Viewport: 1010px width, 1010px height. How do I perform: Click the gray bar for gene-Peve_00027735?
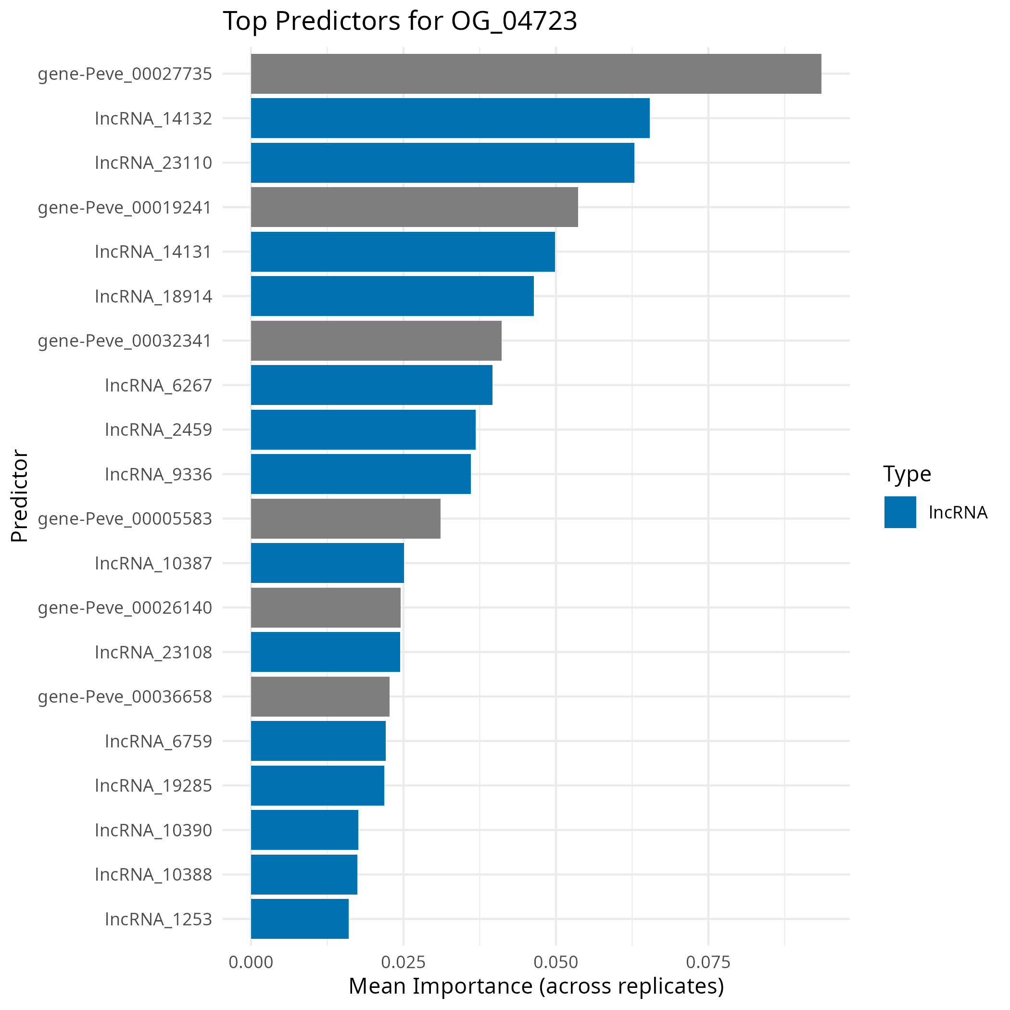click(536, 74)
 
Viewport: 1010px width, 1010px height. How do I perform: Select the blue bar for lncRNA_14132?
click(450, 118)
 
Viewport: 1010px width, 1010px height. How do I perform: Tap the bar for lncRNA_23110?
click(442, 163)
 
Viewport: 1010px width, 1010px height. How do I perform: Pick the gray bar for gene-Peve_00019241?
click(414, 207)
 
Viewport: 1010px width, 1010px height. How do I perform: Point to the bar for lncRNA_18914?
click(392, 296)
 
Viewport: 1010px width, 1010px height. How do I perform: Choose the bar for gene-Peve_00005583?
click(345, 518)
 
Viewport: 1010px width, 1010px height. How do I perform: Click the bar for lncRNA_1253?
click(300, 919)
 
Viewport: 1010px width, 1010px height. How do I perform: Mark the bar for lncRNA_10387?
click(327, 563)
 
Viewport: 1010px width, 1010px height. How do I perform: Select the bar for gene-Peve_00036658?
click(320, 696)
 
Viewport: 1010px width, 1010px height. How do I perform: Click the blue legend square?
click(900, 512)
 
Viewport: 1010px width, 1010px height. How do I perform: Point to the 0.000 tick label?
click(251, 962)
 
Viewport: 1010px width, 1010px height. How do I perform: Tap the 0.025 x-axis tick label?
click(403, 962)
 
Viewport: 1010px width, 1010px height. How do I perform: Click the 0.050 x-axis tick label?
click(555, 962)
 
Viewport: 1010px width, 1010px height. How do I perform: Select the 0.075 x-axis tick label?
click(708, 962)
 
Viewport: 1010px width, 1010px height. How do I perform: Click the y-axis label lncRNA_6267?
click(158, 385)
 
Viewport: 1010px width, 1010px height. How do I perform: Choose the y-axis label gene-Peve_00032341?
click(125, 341)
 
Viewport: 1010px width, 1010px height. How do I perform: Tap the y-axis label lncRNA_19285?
click(153, 785)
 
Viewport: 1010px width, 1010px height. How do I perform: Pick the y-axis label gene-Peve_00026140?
click(125, 607)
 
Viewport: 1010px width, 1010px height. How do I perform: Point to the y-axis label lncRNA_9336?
click(158, 474)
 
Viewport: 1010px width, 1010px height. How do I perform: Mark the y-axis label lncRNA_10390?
click(153, 830)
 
